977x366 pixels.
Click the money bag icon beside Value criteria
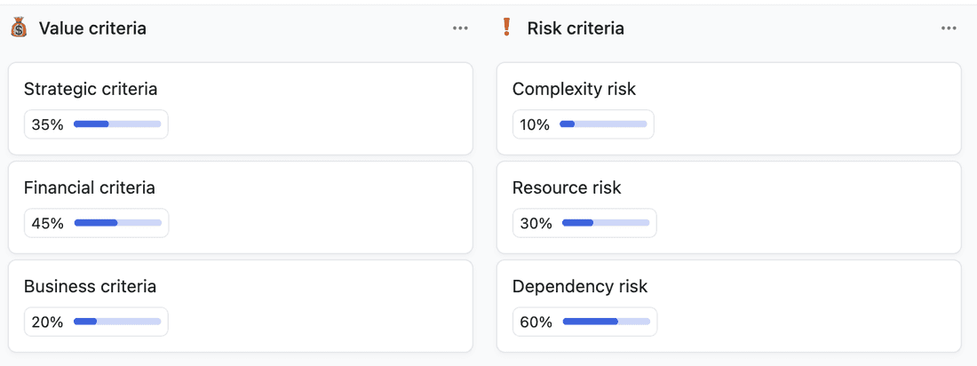tap(19, 28)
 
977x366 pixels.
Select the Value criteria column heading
tap(92, 28)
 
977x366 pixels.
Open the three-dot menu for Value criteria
tap(460, 28)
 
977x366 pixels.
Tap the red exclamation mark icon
tap(506, 28)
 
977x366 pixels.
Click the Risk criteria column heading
tap(575, 28)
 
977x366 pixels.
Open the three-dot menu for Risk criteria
tap(949, 28)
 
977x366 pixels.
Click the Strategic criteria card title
tap(91, 89)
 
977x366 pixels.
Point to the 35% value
tap(48, 124)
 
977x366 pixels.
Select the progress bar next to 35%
tap(117, 124)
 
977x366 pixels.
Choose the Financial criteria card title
tap(90, 187)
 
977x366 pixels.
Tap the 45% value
tap(48, 223)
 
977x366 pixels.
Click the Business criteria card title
tap(90, 286)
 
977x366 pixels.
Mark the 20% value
tap(48, 322)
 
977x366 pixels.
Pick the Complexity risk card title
tap(574, 89)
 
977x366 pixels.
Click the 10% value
tap(535, 124)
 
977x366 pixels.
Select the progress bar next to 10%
tap(603, 124)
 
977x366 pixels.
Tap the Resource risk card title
tap(567, 187)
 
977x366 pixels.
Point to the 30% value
tap(536, 223)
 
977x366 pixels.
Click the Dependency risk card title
tap(580, 286)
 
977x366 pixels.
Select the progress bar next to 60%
tap(606, 322)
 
